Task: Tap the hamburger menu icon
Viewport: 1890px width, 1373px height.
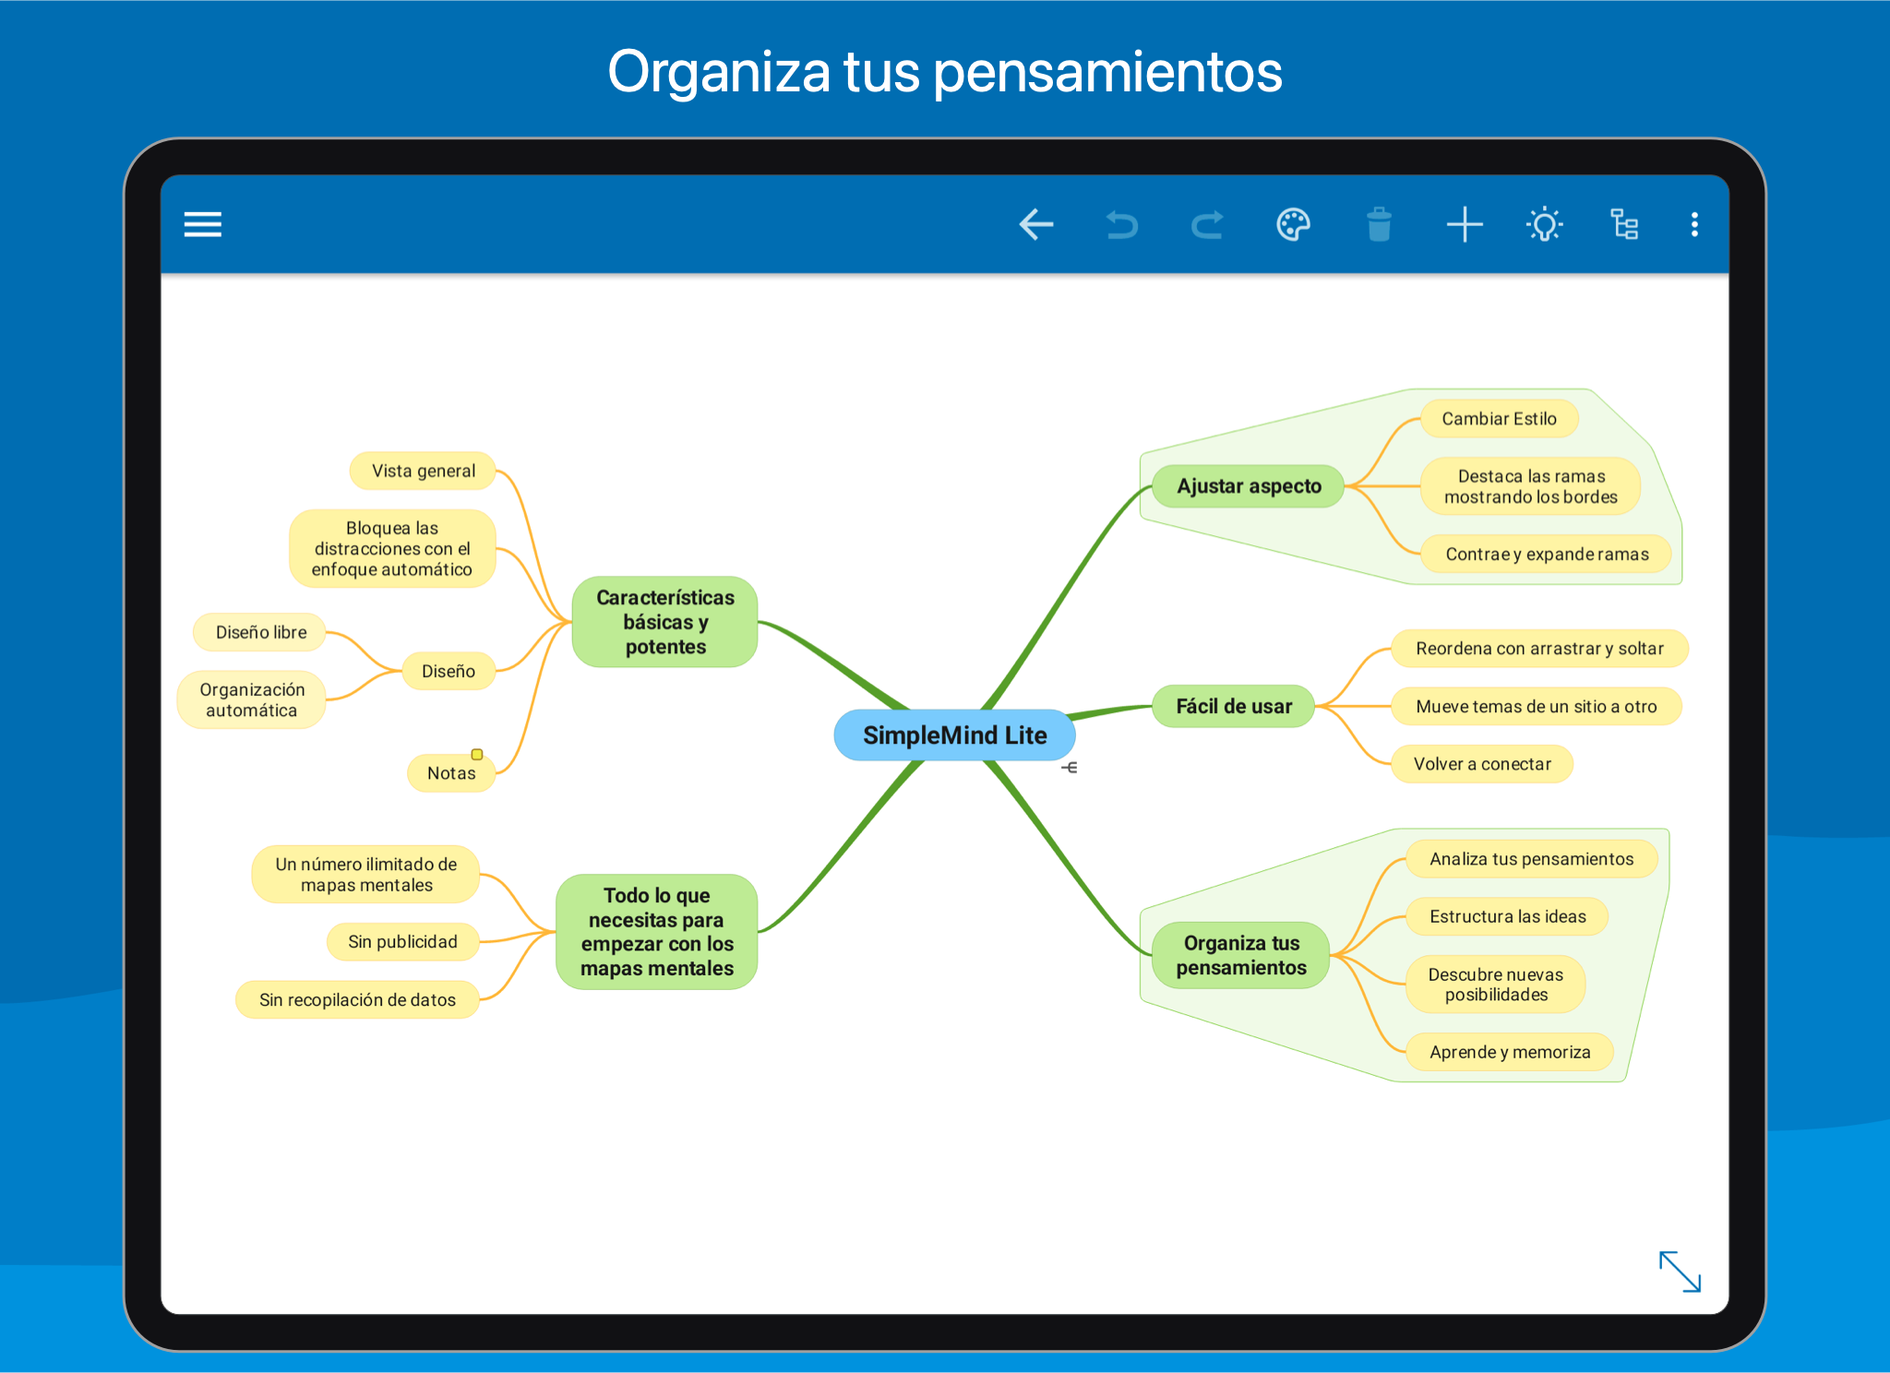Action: (203, 224)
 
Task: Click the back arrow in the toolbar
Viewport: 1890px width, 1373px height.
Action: (1036, 224)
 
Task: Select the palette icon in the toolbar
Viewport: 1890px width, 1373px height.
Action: (1293, 224)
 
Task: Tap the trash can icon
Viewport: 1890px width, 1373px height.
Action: (1379, 224)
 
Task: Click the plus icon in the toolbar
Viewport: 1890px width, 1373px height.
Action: (1465, 224)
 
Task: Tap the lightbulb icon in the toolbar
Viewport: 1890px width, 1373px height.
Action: (1545, 224)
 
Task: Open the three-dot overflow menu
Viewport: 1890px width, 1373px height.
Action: (1694, 224)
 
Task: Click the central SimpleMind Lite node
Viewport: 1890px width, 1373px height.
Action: (954, 735)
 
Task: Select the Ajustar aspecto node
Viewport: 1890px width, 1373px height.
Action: (1249, 486)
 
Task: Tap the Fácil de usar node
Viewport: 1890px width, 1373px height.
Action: (1234, 707)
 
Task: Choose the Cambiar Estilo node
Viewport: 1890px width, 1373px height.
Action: (1499, 419)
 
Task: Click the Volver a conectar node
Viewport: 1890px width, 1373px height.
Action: (1482, 764)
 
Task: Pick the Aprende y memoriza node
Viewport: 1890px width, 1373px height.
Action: (1510, 1052)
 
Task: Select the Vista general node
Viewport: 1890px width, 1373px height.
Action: (424, 471)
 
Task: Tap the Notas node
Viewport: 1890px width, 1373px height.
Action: (451, 773)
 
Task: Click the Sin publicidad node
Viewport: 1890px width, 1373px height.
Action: (403, 942)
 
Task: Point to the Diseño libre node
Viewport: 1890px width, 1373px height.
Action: (261, 632)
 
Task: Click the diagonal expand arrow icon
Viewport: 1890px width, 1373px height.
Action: (1680, 1272)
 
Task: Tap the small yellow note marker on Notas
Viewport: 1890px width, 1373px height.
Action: (477, 754)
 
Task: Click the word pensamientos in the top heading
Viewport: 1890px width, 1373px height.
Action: (1107, 72)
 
